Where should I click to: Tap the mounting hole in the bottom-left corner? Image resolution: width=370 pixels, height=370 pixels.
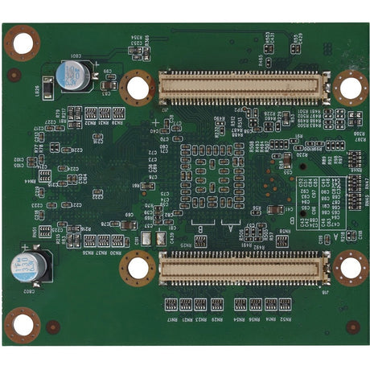coord(23,325)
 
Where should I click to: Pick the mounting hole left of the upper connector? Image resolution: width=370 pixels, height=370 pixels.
coord(138,87)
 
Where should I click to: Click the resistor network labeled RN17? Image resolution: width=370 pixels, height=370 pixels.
coord(171,303)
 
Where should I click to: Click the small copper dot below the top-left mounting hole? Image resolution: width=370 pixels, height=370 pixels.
coord(14,76)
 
